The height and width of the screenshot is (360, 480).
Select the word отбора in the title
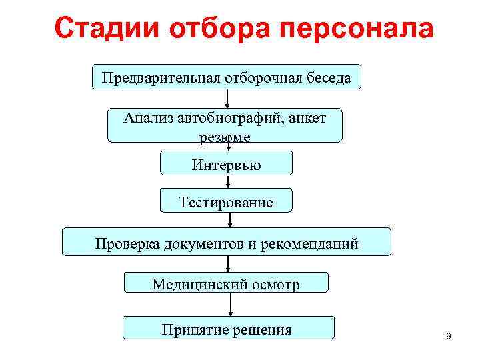(215, 29)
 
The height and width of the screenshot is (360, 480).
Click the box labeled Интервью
(226, 163)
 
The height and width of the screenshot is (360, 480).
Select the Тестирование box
(226, 201)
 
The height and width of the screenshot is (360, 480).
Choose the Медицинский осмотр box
(226, 283)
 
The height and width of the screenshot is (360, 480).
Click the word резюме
(224, 137)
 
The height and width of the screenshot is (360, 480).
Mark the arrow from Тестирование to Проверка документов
(229, 221)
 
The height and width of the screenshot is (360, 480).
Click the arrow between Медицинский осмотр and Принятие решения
(231, 304)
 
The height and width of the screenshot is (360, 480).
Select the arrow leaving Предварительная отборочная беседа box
(228, 99)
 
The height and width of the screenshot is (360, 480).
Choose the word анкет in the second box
(309, 117)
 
